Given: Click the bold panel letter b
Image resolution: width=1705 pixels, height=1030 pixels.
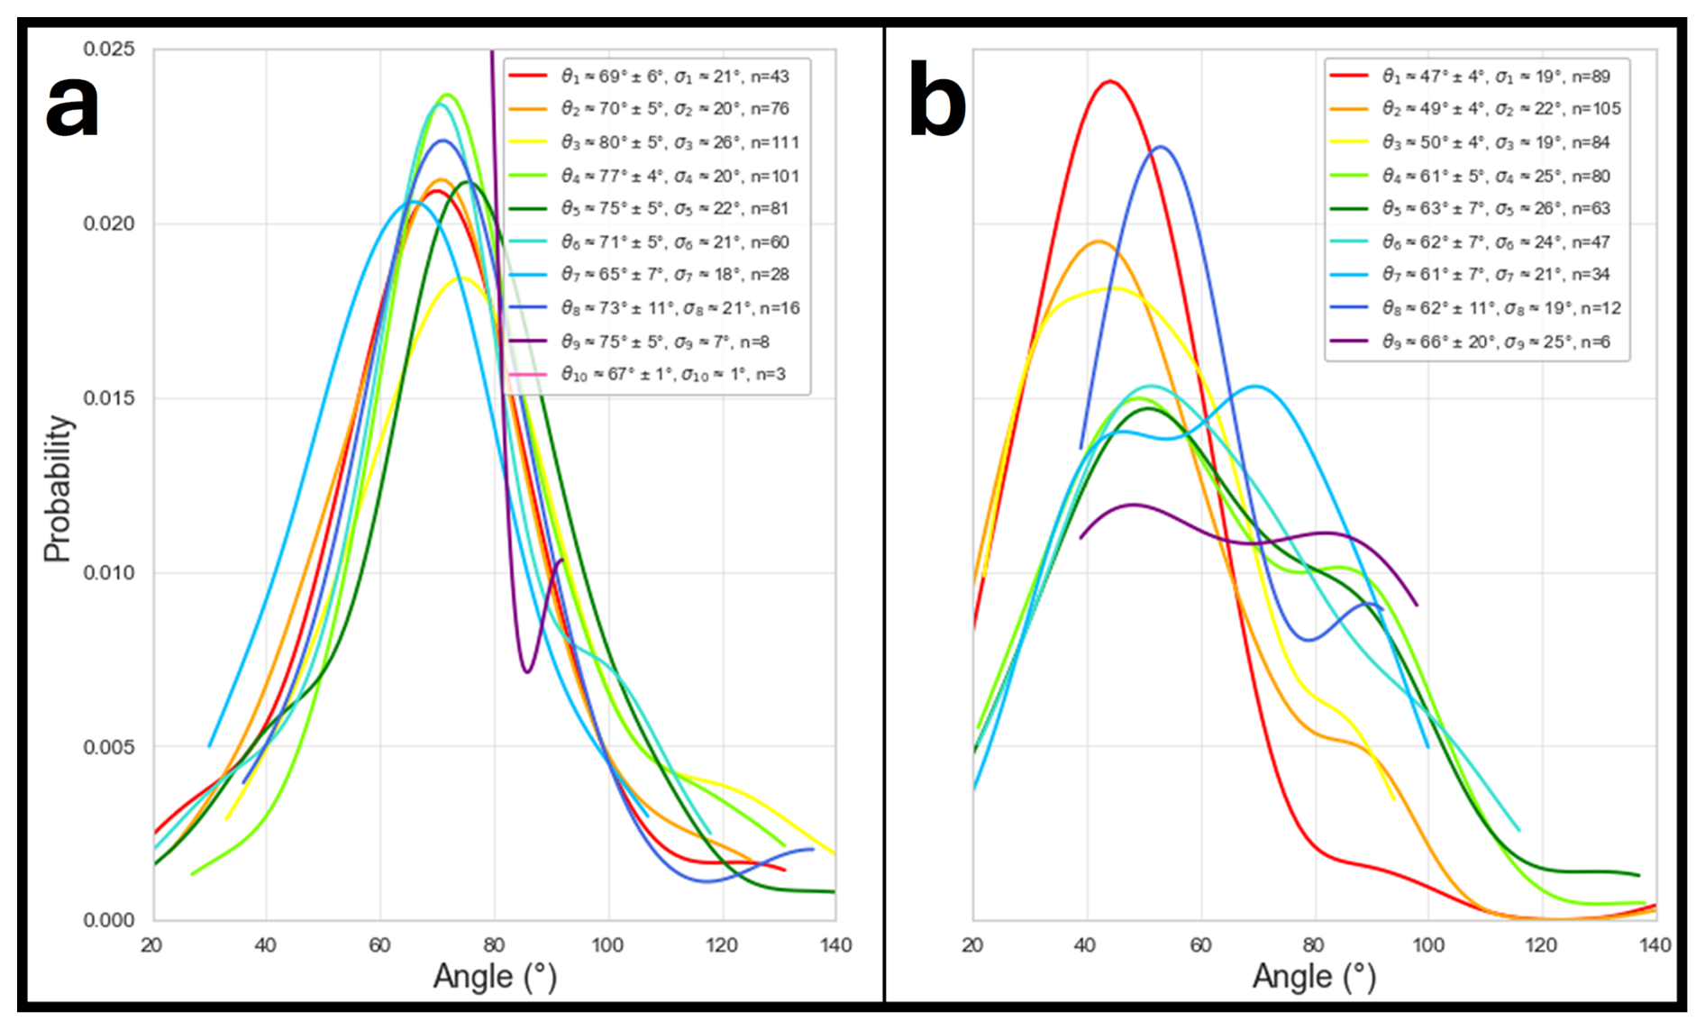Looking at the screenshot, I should tap(937, 101).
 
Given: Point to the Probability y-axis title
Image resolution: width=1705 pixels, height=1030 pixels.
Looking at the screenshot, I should tap(58, 488).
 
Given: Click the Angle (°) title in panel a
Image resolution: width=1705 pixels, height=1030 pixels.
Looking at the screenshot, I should tap(495, 977).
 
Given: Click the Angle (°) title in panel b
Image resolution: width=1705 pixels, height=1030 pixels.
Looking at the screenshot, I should tap(1314, 977).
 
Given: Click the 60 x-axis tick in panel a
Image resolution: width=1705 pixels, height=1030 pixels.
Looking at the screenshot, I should tap(379, 945).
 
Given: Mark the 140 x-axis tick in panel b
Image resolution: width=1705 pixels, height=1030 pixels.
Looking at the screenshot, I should tap(1655, 945).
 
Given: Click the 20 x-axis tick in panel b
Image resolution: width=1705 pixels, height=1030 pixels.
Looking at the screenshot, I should tap(972, 945).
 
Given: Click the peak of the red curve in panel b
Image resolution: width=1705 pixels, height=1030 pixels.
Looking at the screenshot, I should tap(1110, 81).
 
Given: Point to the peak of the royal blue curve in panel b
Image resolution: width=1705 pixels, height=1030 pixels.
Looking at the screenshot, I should tap(1160, 146).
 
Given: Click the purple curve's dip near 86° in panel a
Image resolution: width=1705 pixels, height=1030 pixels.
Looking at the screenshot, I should tap(527, 671).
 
